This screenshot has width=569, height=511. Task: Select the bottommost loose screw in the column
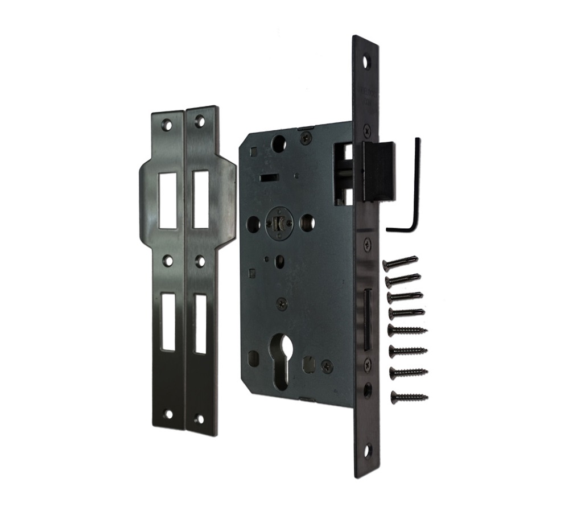point(409,395)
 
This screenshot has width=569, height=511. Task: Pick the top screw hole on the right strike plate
point(200,120)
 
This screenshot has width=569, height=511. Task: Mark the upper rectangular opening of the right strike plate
point(200,199)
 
